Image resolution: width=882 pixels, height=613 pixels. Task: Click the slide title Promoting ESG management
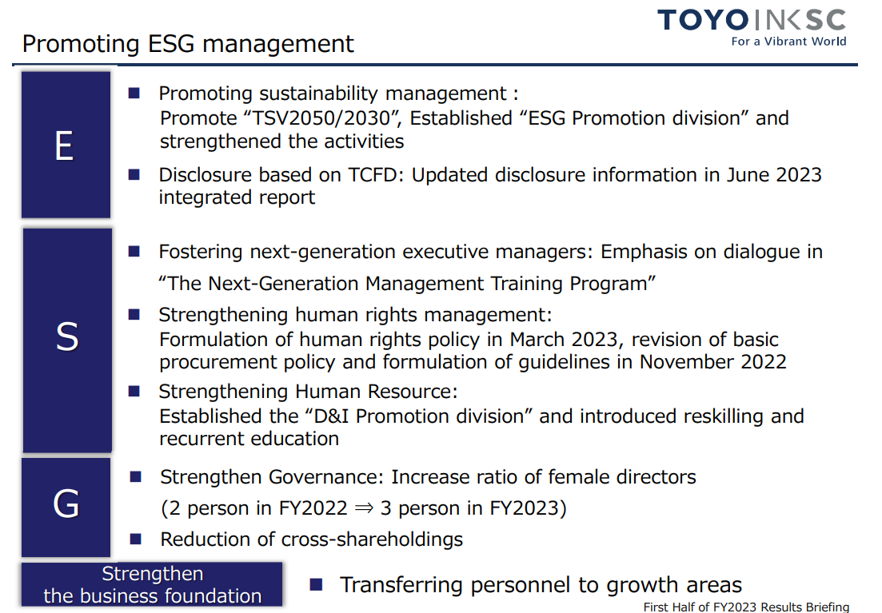(188, 44)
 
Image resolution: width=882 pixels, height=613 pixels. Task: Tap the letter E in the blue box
(65, 145)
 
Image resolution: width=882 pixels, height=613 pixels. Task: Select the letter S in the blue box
(67, 336)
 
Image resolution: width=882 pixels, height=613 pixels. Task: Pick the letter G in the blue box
(66, 504)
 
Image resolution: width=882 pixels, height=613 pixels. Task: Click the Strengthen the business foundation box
(152, 584)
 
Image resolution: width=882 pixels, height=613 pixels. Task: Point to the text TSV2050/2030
(321, 118)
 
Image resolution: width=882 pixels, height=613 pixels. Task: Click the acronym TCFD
(373, 175)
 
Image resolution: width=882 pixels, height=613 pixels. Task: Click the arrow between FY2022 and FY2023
(364, 508)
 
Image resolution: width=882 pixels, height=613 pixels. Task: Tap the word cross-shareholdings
(372, 539)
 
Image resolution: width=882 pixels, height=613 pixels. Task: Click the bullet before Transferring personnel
(316, 585)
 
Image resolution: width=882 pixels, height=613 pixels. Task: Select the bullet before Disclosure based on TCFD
(134, 174)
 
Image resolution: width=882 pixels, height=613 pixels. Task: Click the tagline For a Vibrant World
(788, 41)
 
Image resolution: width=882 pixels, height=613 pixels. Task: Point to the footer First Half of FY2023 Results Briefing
(746, 607)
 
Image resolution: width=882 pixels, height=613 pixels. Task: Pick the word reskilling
(724, 416)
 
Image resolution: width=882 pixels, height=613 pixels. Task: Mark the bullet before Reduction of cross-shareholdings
(136, 539)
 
